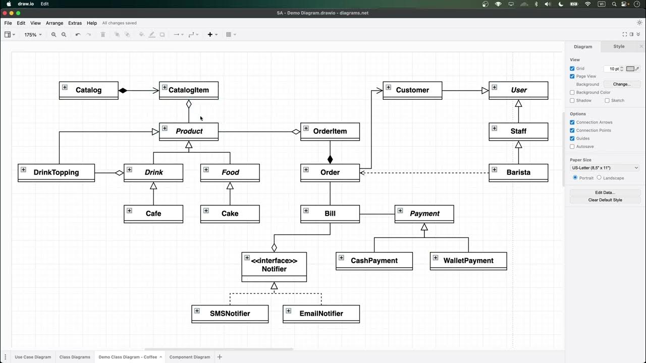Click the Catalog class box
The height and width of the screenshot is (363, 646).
[x=89, y=90]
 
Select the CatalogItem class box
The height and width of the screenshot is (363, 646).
[x=189, y=90]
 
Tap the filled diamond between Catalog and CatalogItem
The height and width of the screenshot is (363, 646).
[x=123, y=91]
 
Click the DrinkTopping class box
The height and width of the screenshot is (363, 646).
[x=56, y=172]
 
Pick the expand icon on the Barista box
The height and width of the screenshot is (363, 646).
[x=495, y=169]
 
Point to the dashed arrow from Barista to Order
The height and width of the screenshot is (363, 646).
[x=424, y=172]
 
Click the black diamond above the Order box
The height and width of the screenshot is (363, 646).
[x=330, y=159]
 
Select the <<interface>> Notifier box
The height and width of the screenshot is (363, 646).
[x=274, y=265]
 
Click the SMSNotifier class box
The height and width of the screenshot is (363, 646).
[x=230, y=314]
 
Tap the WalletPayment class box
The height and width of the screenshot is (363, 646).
[x=468, y=261]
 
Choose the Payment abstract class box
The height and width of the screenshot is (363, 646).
[x=424, y=214]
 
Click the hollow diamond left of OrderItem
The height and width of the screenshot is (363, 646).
[x=296, y=132]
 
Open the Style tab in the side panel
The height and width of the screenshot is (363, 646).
[x=619, y=46]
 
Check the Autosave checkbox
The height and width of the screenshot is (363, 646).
[x=572, y=147]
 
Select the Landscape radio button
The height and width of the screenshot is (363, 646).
[x=599, y=178]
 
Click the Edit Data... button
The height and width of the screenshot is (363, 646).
[x=605, y=193]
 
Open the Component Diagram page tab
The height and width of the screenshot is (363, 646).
[x=190, y=357]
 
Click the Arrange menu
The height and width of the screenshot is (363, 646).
[x=55, y=23]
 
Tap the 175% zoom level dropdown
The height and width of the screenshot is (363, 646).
[x=33, y=35]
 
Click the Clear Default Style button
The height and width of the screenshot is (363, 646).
[x=605, y=200]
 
